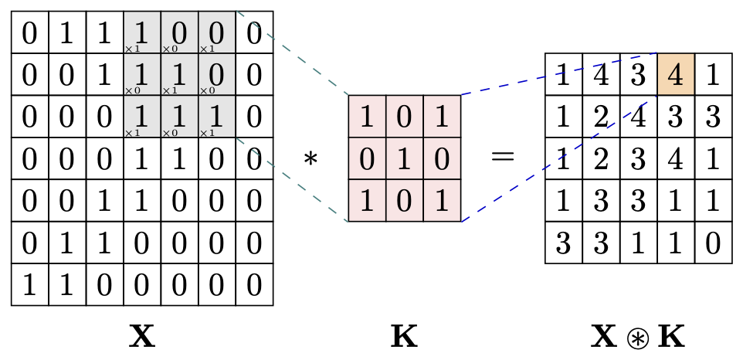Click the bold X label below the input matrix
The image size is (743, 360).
(142, 337)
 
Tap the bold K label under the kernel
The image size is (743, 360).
(404, 337)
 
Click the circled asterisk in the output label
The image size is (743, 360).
(638, 338)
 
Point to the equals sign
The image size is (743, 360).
(503, 158)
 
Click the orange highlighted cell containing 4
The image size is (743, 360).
(676, 75)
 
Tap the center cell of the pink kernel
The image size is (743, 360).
(405, 158)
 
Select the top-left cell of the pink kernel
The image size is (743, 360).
(367, 116)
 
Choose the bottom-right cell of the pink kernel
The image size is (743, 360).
(442, 201)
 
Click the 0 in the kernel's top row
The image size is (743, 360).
(405, 116)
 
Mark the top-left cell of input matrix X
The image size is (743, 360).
(30, 33)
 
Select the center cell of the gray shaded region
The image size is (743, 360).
(179, 75)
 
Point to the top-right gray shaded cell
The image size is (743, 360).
(216, 33)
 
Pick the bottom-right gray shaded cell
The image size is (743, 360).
(216, 117)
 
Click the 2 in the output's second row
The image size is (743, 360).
(602, 117)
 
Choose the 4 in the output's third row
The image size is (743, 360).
(676, 159)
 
